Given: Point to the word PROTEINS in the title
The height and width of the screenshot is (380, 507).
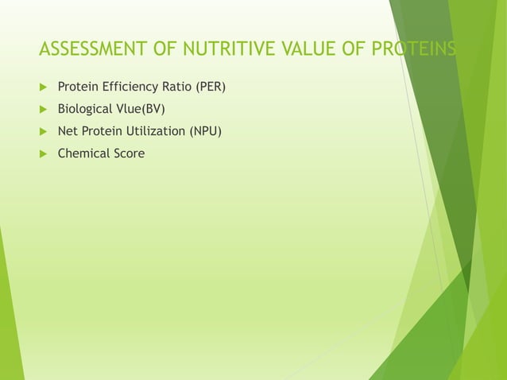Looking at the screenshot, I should [x=415, y=51].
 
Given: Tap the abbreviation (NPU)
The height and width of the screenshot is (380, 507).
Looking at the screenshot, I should [x=205, y=130].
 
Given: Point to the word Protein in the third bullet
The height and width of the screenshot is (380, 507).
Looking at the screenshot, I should [x=102, y=130].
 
